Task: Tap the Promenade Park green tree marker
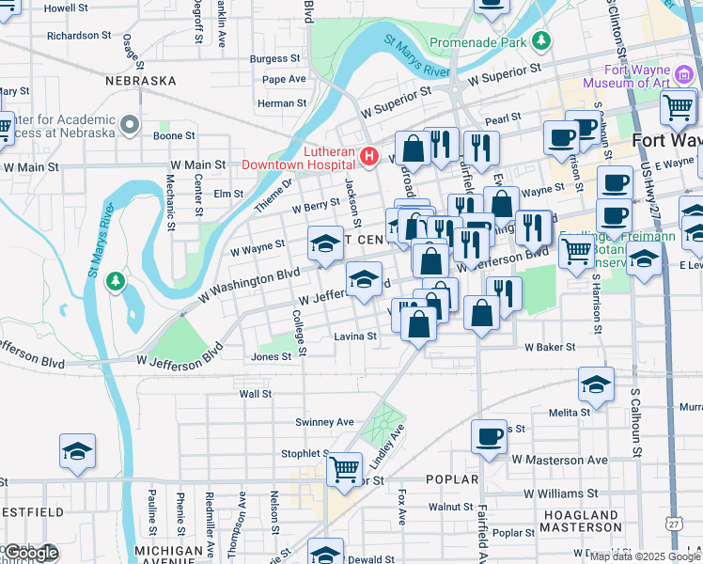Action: click(x=541, y=41)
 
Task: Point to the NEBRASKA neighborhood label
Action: click(x=141, y=81)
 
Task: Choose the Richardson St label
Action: click(x=79, y=36)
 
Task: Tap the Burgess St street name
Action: click(x=274, y=58)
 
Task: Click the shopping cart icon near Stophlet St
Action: click(x=345, y=467)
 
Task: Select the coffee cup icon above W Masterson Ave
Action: click(x=489, y=437)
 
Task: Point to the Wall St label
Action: click(x=255, y=394)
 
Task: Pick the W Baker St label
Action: click(x=550, y=348)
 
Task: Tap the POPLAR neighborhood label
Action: click(x=452, y=479)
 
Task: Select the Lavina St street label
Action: click(x=355, y=336)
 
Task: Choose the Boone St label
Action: click(x=174, y=135)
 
